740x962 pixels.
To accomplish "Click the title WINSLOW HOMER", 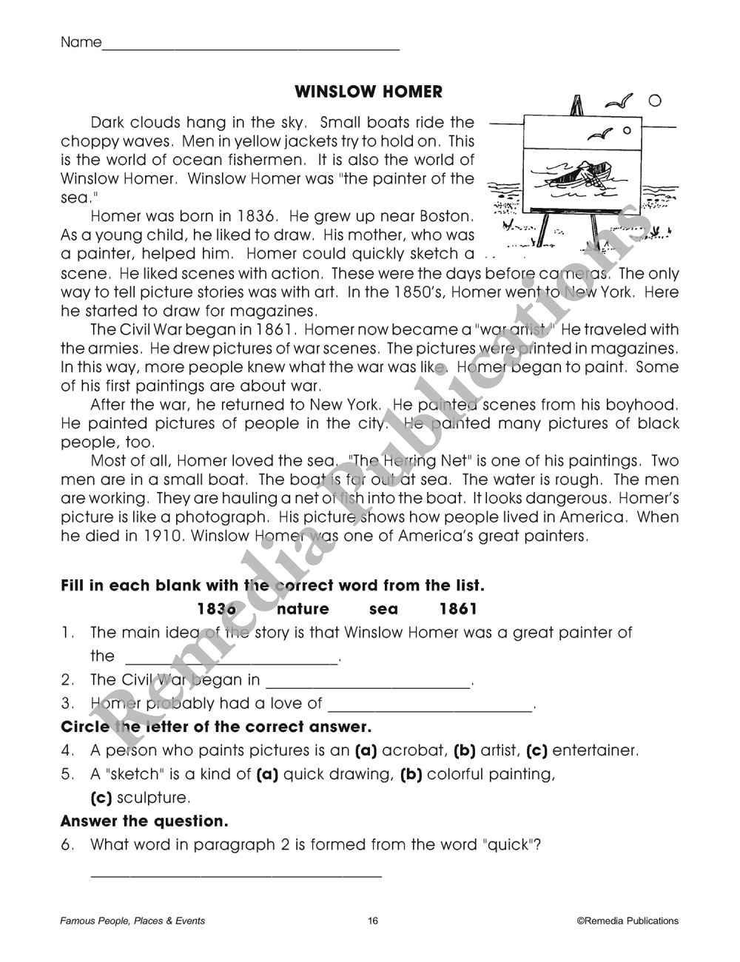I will click(x=369, y=92).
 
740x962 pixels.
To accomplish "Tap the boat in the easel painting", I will click(x=574, y=175).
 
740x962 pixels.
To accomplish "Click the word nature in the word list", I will click(x=303, y=609).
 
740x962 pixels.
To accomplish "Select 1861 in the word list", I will click(x=458, y=609).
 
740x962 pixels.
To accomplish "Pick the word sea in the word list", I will click(x=383, y=609).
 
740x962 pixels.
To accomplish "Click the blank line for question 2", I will click(x=368, y=686).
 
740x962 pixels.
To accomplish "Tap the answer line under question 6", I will click(x=236, y=876).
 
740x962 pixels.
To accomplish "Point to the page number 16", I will click(x=372, y=921).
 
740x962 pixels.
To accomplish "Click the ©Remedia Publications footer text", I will click(x=628, y=921).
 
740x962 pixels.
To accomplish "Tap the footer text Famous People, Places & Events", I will click(x=132, y=921).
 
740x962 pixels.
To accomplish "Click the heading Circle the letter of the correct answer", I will click(x=215, y=727).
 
